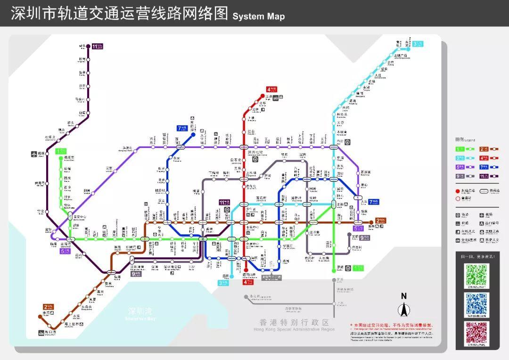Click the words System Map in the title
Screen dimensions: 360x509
click(258, 16)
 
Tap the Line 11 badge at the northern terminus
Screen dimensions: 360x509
click(97, 46)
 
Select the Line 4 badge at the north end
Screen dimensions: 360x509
click(271, 89)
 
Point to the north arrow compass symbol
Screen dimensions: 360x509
click(404, 309)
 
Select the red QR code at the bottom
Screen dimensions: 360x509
click(477, 333)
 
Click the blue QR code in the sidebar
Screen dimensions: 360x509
click(477, 304)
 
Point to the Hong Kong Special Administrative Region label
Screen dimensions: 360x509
click(295, 324)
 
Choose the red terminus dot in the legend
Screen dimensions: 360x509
click(458, 191)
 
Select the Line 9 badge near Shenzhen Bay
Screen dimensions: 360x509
click(137, 273)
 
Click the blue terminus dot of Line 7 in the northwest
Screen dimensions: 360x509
click(193, 134)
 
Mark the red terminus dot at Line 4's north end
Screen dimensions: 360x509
click(263, 96)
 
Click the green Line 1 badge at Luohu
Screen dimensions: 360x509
click(359, 268)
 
